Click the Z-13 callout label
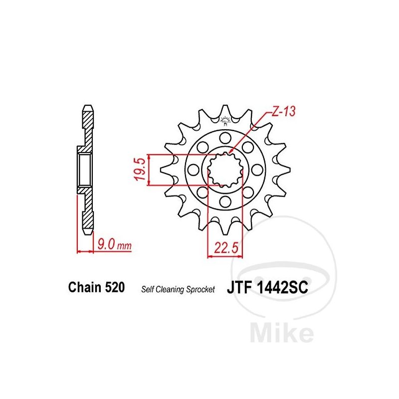click(x=283, y=112)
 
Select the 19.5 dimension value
click(x=141, y=169)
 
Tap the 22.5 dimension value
click(x=226, y=247)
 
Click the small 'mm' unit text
click(x=124, y=246)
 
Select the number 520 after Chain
click(x=114, y=287)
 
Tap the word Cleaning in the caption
click(x=170, y=290)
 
